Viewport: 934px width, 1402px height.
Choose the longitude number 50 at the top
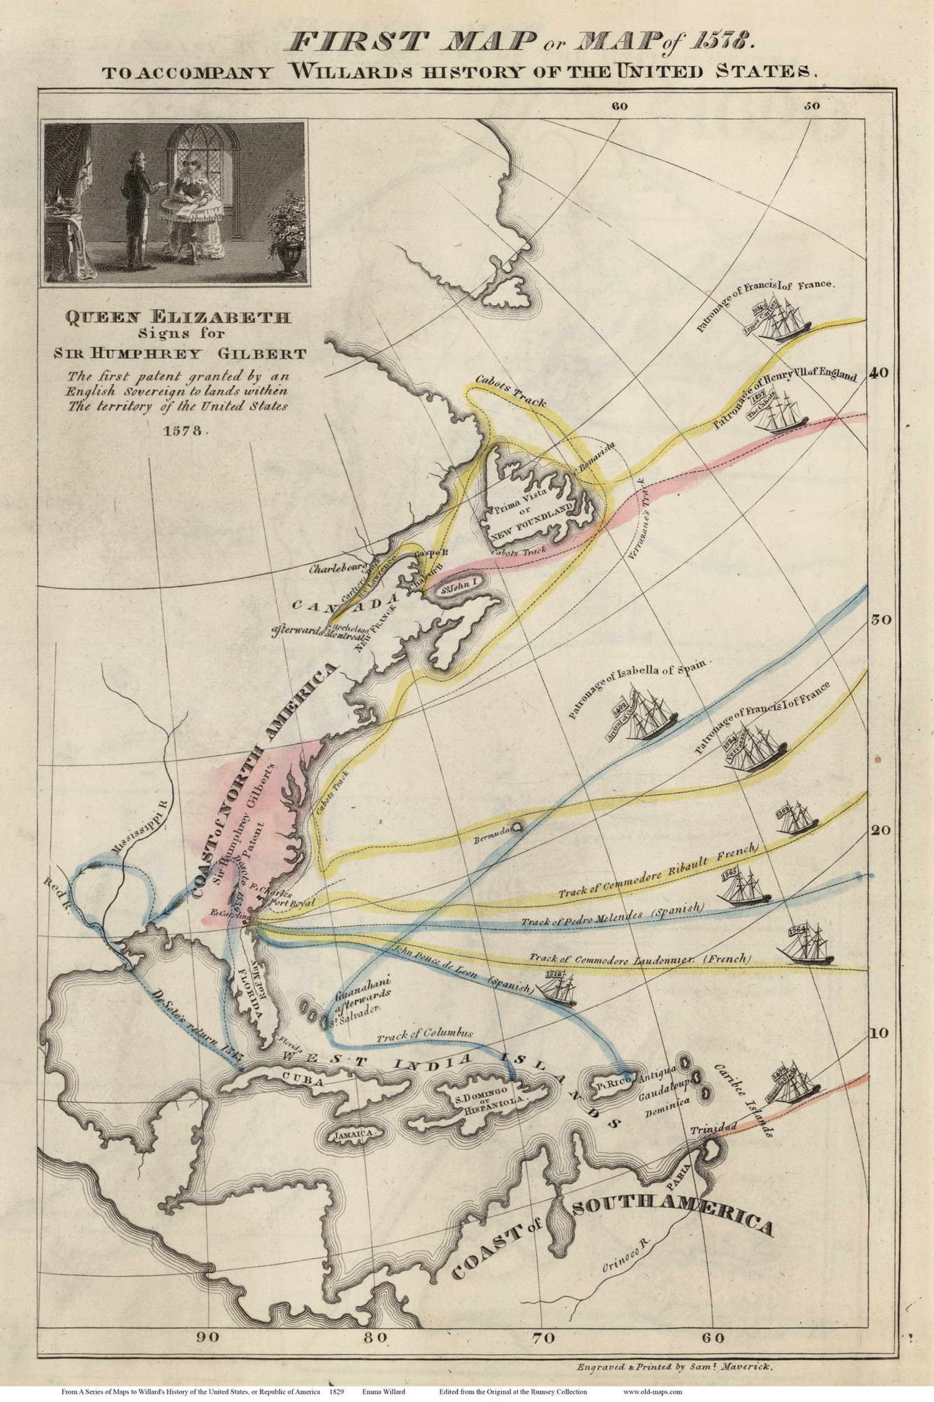tap(810, 106)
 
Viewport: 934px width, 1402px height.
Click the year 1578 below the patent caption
tap(183, 431)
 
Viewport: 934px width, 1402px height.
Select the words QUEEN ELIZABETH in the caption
tap(179, 319)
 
